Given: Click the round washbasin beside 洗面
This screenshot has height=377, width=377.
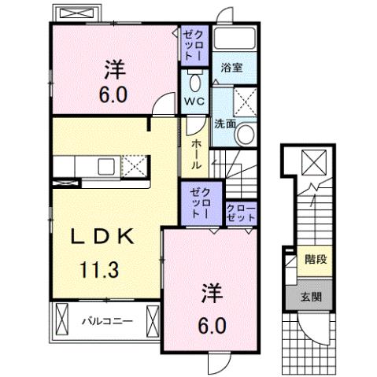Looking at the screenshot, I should click(x=246, y=134).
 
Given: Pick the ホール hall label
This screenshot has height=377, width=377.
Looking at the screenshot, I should click(x=195, y=150).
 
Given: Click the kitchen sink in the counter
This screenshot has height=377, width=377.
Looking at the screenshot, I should click(x=103, y=165).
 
